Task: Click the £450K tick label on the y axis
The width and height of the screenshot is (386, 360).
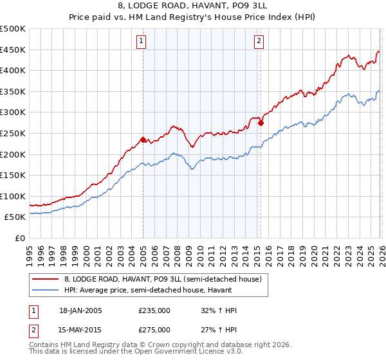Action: (13, 50)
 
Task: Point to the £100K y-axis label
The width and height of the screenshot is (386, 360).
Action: (13, 196)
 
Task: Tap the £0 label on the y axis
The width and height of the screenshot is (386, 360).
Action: (19, 238)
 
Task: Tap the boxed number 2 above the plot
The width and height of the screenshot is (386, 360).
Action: (259, 42)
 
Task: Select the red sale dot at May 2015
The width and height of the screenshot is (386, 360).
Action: (261, 123)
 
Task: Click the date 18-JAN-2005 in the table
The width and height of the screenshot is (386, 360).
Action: (80, 310)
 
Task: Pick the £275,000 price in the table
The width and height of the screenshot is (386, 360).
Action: (154, 329)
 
